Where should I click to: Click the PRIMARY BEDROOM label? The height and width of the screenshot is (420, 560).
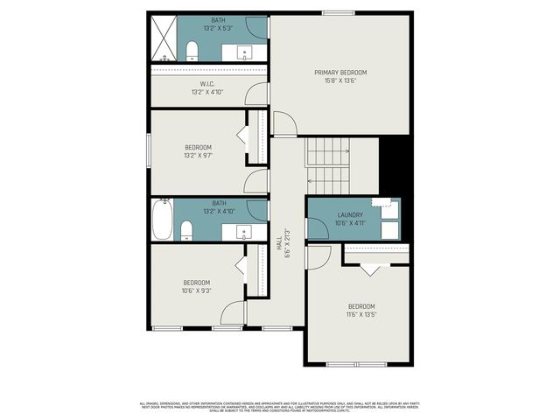(x=340, y=72)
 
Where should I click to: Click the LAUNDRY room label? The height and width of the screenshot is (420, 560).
(x=352, y=215)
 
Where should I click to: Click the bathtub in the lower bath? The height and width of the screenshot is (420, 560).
(x=162, y=219)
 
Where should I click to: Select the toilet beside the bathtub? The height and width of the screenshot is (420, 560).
(x=185, y=230)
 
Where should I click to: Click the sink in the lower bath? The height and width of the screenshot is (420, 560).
(x=243, y=232)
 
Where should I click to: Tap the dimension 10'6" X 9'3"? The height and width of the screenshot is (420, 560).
(x=197, y=290)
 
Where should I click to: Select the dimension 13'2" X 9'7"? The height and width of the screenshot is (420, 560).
(x=198, y=156)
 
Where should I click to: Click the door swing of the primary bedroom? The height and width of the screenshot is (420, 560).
(x=284, y=124)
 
